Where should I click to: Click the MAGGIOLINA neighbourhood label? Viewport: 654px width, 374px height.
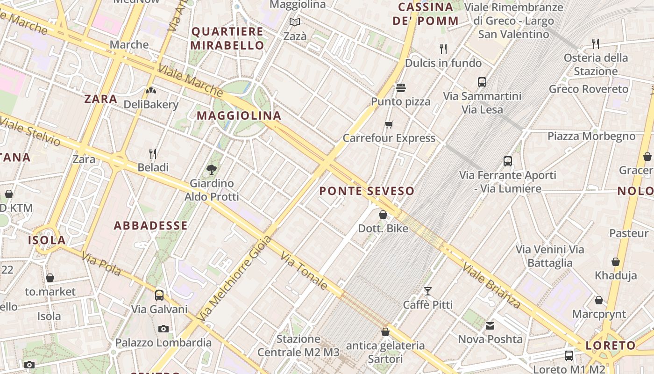(239, 115)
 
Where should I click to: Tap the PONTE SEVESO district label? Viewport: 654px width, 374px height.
(367, 191)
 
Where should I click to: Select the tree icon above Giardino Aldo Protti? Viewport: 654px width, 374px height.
(212, 169)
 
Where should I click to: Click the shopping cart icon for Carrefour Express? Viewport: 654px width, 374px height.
(389, 124)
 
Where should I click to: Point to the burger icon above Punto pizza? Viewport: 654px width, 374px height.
(400, 87)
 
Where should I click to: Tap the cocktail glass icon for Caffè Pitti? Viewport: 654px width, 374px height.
(427, 291)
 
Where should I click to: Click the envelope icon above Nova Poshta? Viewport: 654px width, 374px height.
(490, 325)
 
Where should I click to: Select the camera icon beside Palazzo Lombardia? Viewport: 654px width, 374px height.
(163, 329)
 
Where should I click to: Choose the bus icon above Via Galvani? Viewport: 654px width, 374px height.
(159, 295)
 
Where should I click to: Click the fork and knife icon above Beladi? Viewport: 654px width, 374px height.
(153, 153)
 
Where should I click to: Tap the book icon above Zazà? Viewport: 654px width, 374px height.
(294, 22)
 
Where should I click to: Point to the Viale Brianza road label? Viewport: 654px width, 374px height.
(491, 285)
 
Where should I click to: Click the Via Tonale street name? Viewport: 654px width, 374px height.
(304, 271)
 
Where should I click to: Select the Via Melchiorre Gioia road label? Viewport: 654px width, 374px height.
(235, 278)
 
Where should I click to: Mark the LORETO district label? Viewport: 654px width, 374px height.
(611, 346)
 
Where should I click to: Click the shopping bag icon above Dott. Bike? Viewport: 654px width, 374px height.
(383, 215)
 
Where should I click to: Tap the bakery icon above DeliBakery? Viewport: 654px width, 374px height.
(151, 91)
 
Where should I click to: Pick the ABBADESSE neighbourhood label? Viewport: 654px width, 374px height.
(150, 226)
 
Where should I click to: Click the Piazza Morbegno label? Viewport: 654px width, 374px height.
(591, 137)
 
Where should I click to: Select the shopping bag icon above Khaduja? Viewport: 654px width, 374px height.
(616, 262)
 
